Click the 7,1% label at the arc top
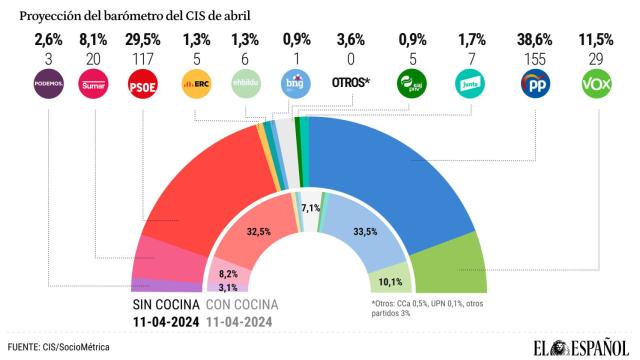pos(311,207)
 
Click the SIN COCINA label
pos(166,304)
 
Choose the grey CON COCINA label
pos(241,304)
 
